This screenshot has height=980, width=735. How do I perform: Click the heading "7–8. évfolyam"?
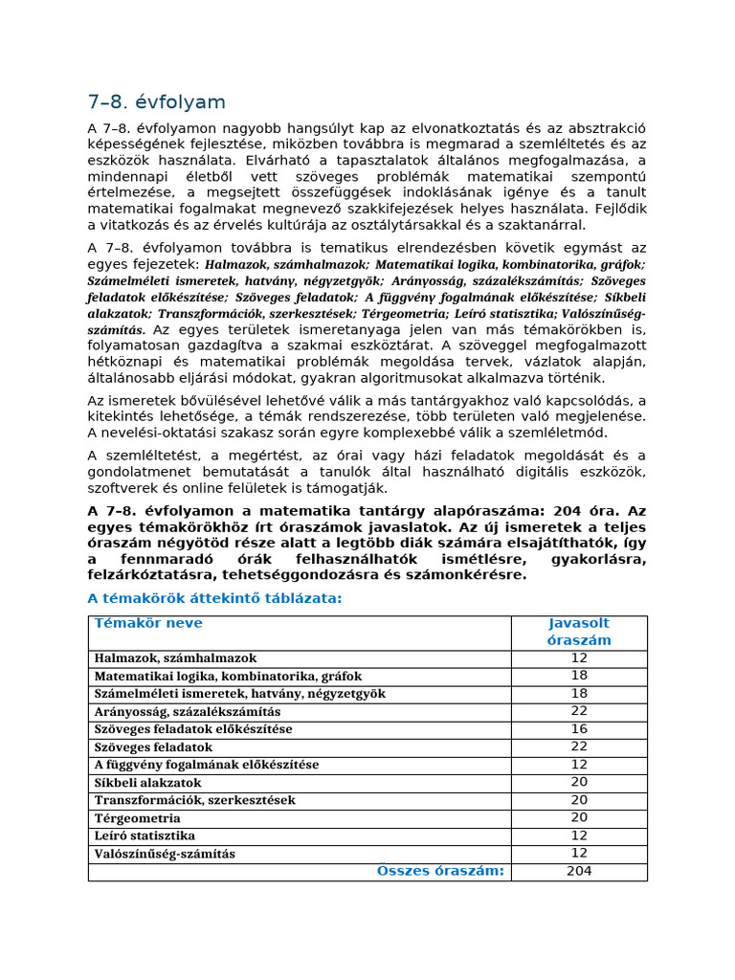156,102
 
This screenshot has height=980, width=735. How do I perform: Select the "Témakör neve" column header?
148,624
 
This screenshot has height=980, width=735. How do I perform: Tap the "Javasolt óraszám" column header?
579,633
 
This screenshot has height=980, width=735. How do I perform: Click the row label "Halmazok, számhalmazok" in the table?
175,658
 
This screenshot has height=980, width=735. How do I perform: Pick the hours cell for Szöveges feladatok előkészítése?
579,729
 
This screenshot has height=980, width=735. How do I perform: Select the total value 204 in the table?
579,871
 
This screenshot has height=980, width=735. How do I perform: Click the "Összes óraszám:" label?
440,871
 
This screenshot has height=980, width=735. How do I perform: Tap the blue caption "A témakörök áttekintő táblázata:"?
214,599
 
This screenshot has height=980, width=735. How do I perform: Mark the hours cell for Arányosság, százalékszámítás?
579,711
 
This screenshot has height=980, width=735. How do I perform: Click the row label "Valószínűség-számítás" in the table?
164,854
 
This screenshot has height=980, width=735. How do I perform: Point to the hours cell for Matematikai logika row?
579,676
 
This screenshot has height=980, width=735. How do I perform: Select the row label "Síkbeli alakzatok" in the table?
147,783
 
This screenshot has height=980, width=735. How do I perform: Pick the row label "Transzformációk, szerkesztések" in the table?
194,800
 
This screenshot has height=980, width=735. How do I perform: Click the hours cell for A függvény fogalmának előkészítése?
579,765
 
